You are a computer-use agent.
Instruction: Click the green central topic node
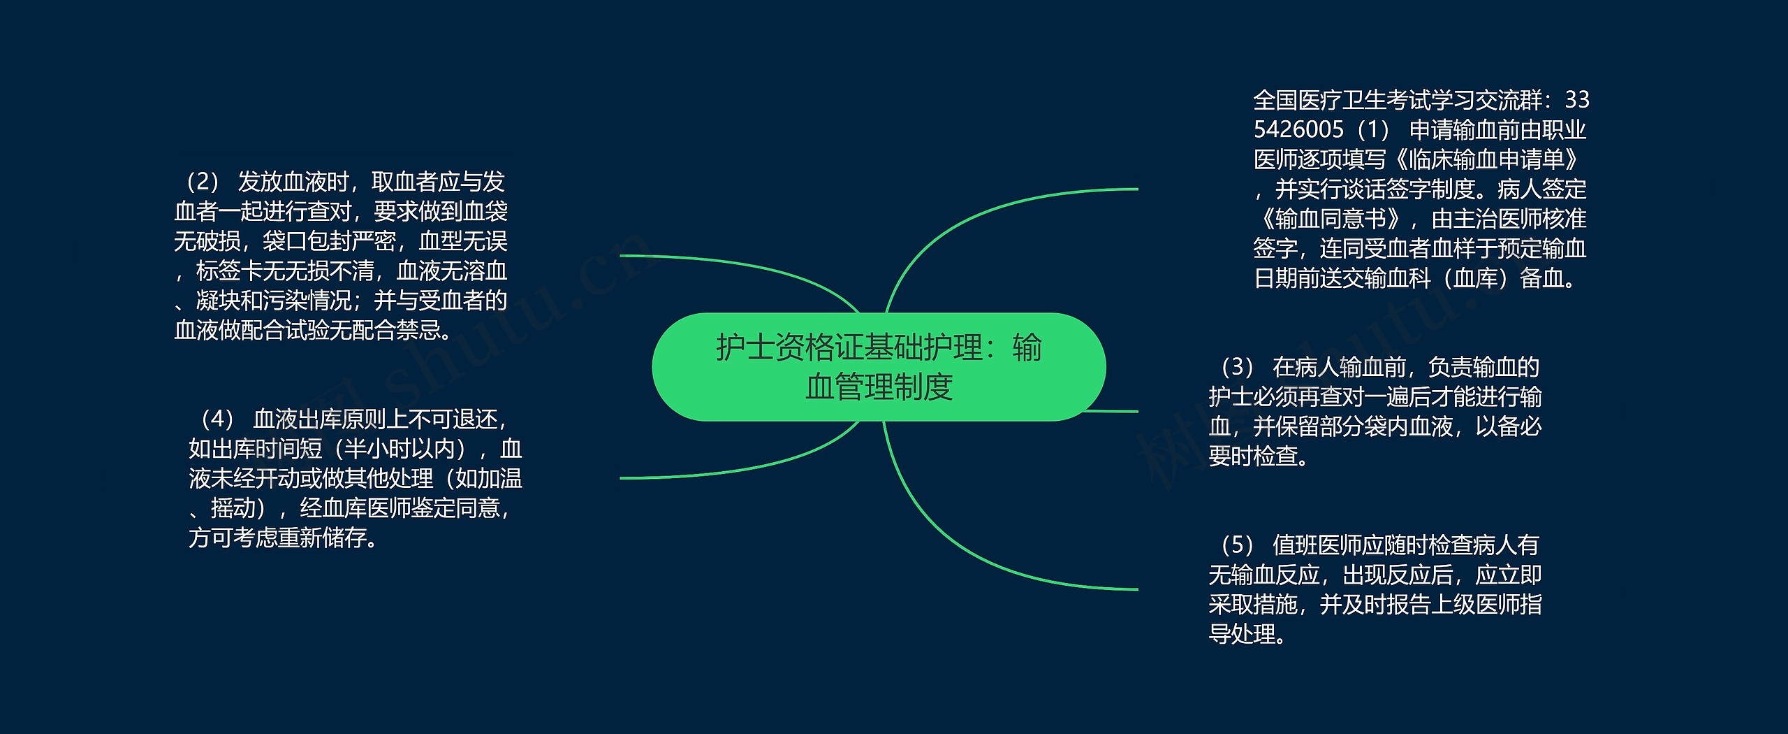click(879, 367)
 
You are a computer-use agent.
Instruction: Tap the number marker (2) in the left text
click(203, 182)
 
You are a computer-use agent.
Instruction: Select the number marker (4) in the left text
click(218, 419)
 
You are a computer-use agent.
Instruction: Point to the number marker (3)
click(1238, 367)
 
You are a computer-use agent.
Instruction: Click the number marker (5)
click(1238, 545)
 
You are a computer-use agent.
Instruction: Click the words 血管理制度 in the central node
click(879, 387)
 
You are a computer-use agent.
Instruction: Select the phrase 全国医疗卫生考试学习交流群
click(1398, 100)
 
